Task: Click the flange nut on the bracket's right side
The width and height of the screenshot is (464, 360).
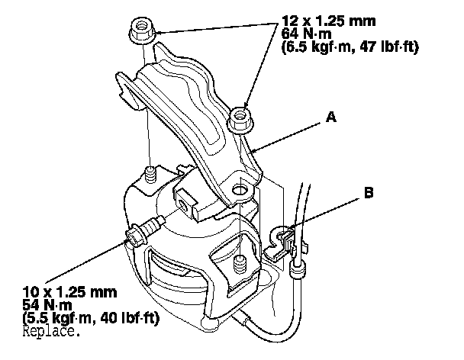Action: [x=241, y=117]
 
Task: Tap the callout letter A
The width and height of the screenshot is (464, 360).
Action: [x=330, y=117]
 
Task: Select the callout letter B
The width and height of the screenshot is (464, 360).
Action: [x=369, y=193]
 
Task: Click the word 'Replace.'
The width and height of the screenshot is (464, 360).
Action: [x=51, y=332]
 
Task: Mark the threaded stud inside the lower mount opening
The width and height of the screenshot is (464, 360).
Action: [x=239, y=264]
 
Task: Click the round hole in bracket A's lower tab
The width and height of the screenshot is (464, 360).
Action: [x=243, y=188]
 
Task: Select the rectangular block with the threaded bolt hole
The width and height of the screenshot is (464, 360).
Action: [x=194, y=200]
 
